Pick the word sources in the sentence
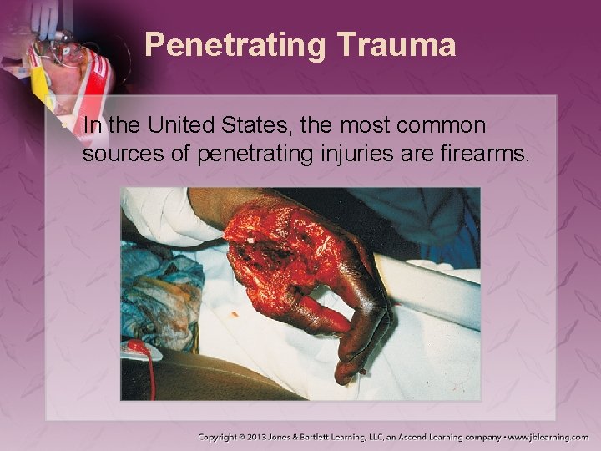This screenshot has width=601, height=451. tap(117, 154)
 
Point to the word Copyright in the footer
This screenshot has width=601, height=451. tap(224, 437)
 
